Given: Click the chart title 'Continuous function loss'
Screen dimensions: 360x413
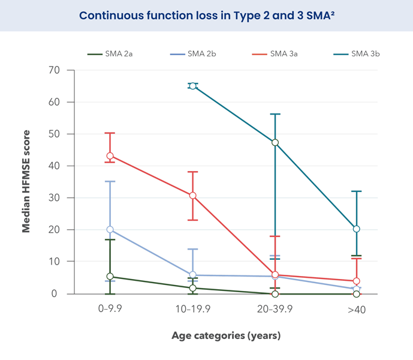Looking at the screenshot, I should pos(206,15).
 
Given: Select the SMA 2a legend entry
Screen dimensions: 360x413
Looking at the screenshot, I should pos(117,54).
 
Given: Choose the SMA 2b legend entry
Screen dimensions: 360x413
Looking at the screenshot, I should pos(201,54).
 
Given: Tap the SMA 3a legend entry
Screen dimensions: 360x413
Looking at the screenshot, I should pos(283,54).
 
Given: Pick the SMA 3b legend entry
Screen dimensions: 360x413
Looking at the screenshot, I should pos(365,54).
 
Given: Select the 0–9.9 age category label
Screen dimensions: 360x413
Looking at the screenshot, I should pos(110,310).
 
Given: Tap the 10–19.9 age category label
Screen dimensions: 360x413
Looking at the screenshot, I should pos(192,310).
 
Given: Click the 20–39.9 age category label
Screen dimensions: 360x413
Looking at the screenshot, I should pos(275,310).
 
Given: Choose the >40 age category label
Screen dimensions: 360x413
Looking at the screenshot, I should pos(357,310).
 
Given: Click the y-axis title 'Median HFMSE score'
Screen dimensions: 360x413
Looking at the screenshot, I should pos(26,182).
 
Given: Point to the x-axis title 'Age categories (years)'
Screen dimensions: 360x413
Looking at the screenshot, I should pos(226,335).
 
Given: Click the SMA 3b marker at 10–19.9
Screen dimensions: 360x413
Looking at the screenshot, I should pos(192,86).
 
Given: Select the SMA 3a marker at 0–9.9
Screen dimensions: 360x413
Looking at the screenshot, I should pos(110,156).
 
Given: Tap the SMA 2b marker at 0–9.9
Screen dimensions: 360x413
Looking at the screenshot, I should pos(110,230).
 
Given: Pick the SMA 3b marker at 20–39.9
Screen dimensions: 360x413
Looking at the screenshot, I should pos(275,143).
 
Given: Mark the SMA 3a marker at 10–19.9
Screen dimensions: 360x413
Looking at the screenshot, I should pos(192,196).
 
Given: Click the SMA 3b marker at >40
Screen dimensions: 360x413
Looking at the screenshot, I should pos(357,229).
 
